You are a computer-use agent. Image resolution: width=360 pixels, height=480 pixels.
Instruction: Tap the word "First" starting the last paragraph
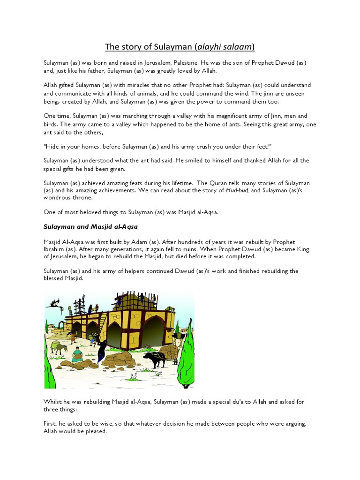coord(51,424)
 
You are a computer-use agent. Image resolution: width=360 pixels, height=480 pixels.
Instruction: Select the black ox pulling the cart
coord(153,360)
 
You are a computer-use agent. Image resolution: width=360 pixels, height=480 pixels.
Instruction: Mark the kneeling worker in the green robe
coord(77,355)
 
